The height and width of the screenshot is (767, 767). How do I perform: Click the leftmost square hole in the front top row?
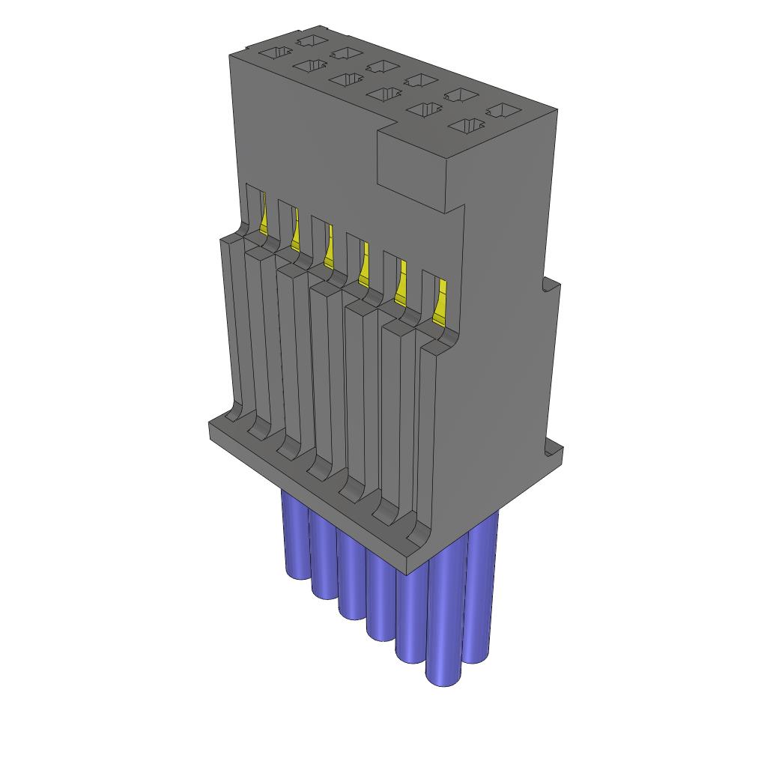click(x=275, y=53)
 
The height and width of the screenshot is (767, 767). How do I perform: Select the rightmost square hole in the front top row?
click(x=467, y=126)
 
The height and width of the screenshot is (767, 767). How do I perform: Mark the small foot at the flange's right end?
click(x=554, y=450)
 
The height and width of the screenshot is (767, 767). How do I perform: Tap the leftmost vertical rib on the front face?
click(x=232, y=322)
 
